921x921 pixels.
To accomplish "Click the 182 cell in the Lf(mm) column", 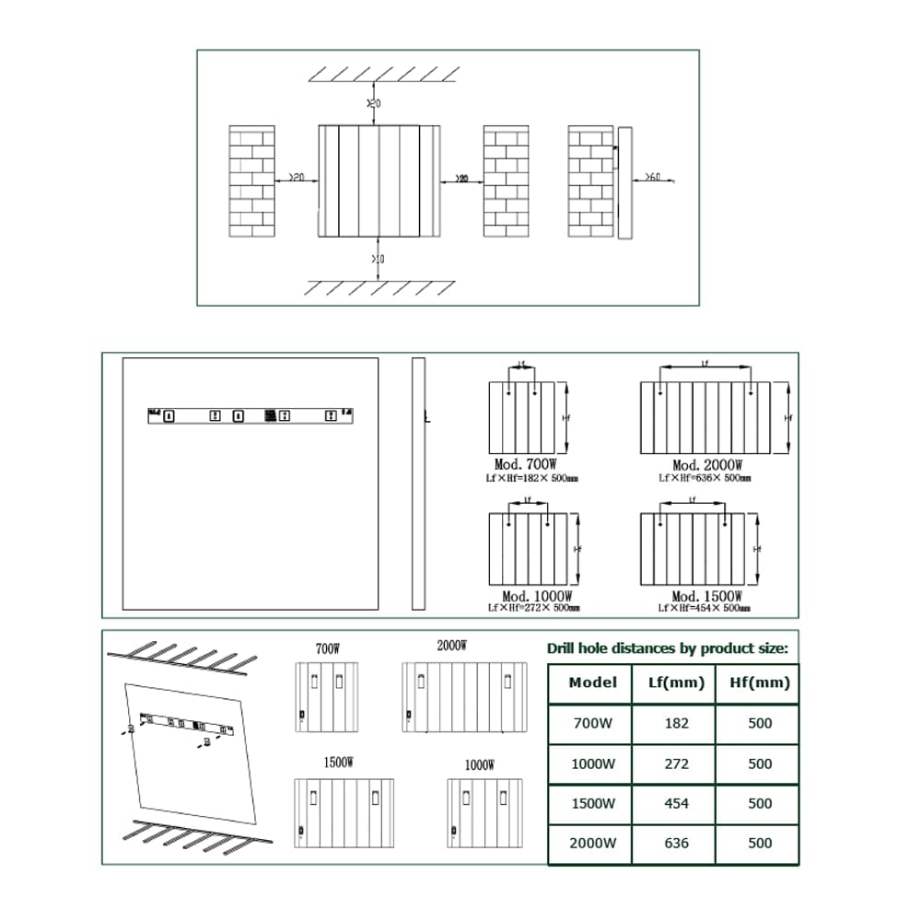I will click(x=676, y=723).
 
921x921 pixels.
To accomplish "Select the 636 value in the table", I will click(x=676, y=843).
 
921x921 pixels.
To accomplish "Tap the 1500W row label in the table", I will click(x=592, y=803).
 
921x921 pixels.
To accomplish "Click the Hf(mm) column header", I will click(x=760, y=682).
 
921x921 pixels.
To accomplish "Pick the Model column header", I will click(x=592, y=682).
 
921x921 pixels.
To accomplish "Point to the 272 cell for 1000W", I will click(x=676, y=764).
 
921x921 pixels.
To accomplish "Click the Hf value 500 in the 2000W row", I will click(x=760, y=843).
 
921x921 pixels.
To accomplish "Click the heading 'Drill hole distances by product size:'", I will click(x=668, y=648).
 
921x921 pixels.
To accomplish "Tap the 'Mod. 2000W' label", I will click(x=707, y=466).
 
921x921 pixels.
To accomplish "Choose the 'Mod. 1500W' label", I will click(x=705, y=597).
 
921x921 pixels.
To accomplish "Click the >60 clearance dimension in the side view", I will click(x=651, y=176).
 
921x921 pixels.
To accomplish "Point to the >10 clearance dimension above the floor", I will click(x=378, y=260).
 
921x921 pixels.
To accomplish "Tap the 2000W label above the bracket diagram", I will click(x=451, y=646).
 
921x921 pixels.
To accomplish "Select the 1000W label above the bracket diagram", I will click(x=479, y=764).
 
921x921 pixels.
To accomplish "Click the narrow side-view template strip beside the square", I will click(x=418, y=484).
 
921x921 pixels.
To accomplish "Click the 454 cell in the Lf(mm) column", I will click(x=676, y=803).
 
